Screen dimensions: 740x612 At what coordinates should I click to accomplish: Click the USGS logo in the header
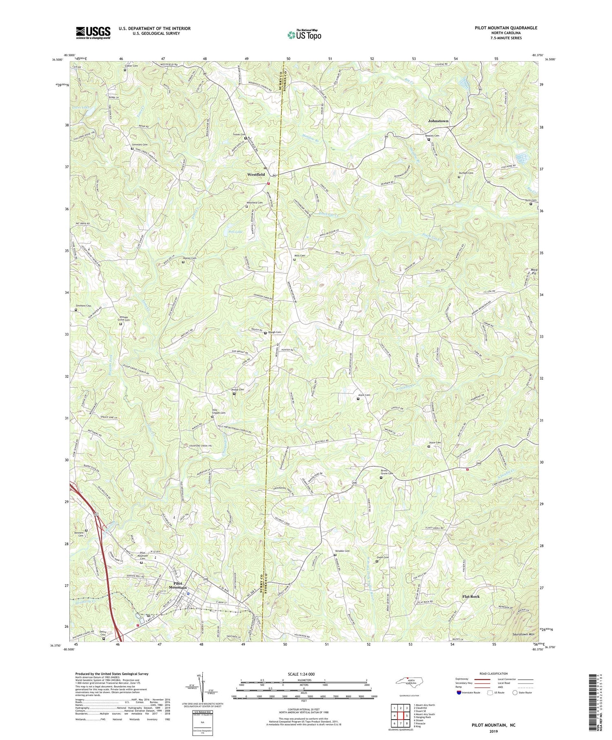point(93,33)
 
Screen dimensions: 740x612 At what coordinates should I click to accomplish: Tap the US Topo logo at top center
point(304,35)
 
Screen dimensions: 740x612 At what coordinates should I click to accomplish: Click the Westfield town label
point(256,174)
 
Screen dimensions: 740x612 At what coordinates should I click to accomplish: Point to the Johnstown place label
point(438,121)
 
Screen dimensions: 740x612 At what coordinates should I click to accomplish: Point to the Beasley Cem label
point(432,136)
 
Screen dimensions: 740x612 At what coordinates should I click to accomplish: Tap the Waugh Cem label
point(275,332)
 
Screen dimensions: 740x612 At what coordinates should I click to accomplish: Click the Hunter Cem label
point(190,258)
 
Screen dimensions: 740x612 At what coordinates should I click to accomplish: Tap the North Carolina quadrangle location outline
point(411,682)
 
